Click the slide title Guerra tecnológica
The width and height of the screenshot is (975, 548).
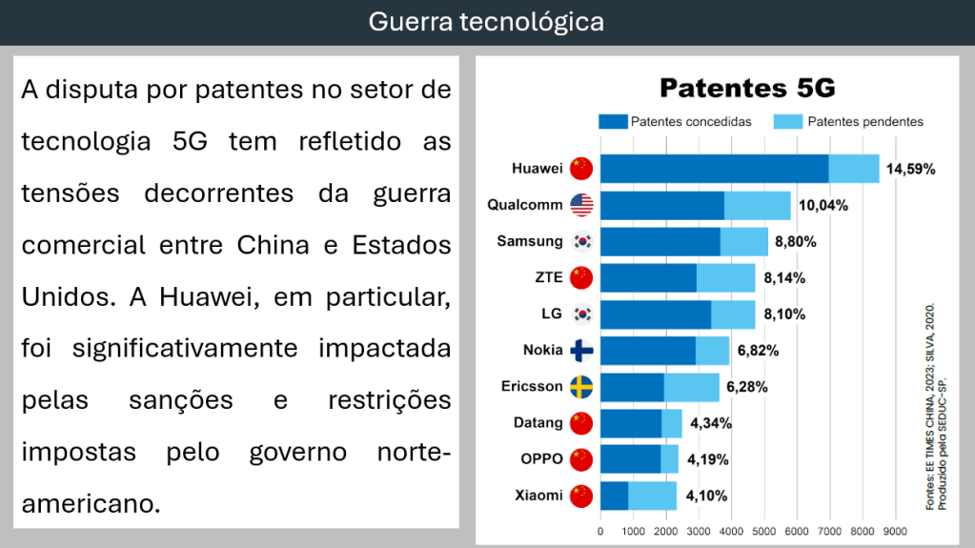click(x=486, y=22)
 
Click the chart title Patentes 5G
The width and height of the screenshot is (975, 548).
click(x=747, y=89)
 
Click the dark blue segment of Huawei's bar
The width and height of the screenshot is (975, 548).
click(x=714, y=169)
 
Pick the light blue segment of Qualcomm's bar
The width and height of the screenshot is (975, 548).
click(x=757, y=205)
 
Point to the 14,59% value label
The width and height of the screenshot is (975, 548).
click(x=910, y=169)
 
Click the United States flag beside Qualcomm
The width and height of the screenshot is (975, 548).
click(x=581, y=205)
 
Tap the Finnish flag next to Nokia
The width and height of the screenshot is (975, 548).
click(x=581, y=350)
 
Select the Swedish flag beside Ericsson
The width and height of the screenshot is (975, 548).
click(x=581, y=387)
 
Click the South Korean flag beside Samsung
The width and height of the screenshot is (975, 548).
click(x=581, y=241)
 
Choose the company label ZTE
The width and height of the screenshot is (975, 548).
click(x=547, y=277)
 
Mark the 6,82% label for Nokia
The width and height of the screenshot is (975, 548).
click(x=758, y=350)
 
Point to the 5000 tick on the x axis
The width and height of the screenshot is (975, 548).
click(x=764, y=531)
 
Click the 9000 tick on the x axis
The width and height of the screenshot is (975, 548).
click(x=895, y=531)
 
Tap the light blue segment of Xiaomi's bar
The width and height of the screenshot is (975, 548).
click(x=652, y=496)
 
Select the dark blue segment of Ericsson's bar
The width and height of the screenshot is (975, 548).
click(x=632, y=387)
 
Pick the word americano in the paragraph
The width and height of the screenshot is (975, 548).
click(x=91, y=502)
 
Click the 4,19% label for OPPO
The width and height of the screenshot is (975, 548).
click(x=707, y=459)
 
